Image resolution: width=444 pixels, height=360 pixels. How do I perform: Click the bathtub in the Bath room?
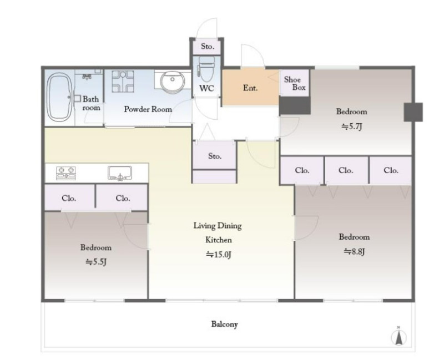click(60, 98)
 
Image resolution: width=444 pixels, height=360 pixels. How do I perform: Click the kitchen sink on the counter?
click(120, 173)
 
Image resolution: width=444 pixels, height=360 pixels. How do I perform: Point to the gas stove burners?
click(66, 173)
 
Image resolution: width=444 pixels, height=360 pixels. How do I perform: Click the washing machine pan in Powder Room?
click(123, 82)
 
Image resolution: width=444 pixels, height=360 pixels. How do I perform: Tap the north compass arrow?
click(398, 336)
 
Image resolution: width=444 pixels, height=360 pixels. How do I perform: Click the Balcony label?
click(224, 324)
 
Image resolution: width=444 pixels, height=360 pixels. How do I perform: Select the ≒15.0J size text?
click(218, 255)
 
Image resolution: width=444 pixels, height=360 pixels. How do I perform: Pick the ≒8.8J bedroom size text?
click(354, 251)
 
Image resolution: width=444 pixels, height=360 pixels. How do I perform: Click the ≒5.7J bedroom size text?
click(352, 126)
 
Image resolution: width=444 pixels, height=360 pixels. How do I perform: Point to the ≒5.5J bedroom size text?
click(96, 262)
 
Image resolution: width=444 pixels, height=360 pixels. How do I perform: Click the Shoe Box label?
click(295, 83)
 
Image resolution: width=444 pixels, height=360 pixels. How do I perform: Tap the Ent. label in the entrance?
click(250, 88)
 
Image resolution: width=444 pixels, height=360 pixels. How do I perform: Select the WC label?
click(206, 88)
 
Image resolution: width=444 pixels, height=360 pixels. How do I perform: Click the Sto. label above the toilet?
click(207, 46)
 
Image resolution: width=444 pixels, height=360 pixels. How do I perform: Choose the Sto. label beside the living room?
click(215, 156)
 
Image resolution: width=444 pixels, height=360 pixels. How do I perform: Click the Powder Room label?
click(148, 109)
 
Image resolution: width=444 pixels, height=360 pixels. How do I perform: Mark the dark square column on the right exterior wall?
click(413, 112)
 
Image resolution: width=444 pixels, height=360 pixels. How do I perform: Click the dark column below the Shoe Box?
click(295, 105)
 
